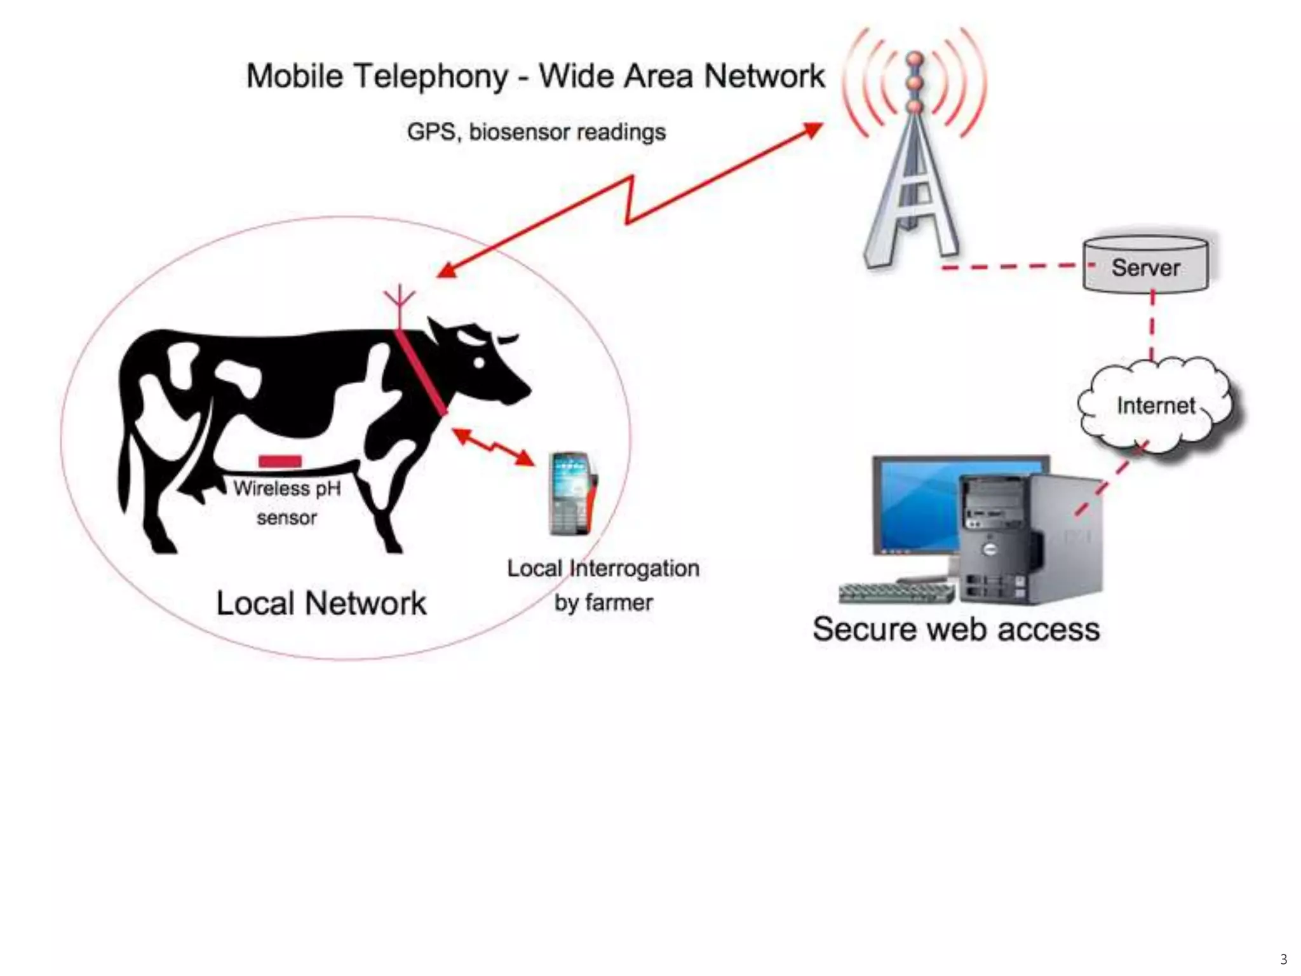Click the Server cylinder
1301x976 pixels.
pyautogui.click(x=1145, y=265)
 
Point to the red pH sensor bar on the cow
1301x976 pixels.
pyautogui.click(x=280, y=461)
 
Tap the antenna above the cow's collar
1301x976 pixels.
pyautogui.click(x=399, y=305)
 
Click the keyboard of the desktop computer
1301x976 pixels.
pyautogui.click(x=896, y=593)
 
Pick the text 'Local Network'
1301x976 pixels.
pyautogui.click(x=321, y=603)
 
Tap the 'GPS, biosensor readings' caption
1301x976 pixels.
pyautogui.click(x=536, y=132)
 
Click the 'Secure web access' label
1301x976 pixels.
pyautogui.click(x=956, y=629)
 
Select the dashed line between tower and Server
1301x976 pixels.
pyautogui.click(x=1013, y=267)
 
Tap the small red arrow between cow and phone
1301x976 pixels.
pyautogui.click(x=493, y=446)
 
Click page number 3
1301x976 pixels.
pyautogui.click(x=1283, y=959)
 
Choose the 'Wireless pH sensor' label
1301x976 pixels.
pyautogui.click(x=286, y=502)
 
